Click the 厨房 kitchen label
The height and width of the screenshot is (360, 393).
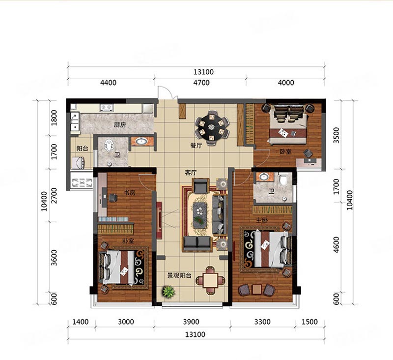tap(120, 125)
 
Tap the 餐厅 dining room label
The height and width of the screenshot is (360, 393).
tap(196, 145)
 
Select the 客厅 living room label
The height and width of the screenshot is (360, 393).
tap(191, 173)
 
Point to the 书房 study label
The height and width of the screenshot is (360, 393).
tap(130, 193)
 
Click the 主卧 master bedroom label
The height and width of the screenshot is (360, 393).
tap(262, 220)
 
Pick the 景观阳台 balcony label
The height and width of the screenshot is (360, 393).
tap(179, 276)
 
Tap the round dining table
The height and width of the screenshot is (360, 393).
tap(212, 127)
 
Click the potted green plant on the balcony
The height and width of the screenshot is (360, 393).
tap(168, 292)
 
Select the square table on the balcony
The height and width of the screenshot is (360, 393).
tap(210, 280)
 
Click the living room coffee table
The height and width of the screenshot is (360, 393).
tap(200, 215)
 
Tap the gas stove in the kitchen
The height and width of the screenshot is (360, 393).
tap(107, 108)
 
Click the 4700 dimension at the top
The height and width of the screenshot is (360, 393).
tap(201, 83)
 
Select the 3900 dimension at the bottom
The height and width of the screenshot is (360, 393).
tap(191, 322)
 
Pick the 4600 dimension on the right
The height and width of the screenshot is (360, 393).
tap(336, 245)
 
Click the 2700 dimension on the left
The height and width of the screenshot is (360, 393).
tap(54, 196)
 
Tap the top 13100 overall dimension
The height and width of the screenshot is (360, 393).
tap(203, 72)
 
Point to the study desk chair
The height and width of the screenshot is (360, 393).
tap(113, 198)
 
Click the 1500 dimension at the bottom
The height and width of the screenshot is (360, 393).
tap(309, 322)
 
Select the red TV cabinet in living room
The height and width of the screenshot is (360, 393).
tap(159, 220)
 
